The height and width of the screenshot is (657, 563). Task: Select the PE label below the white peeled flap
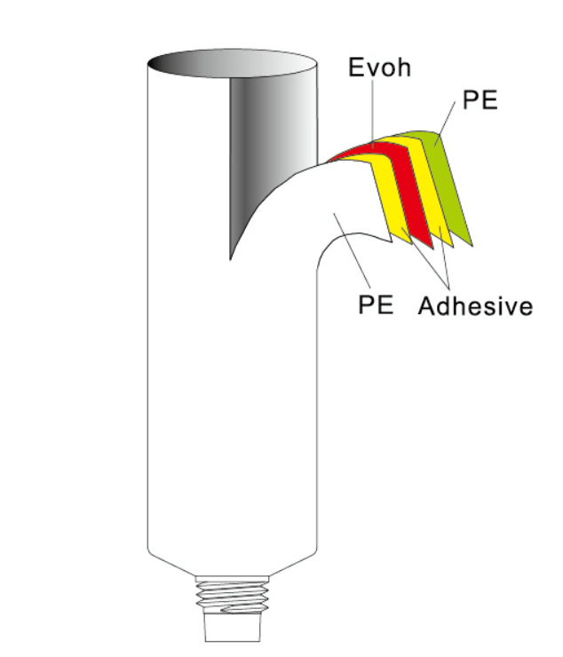376,305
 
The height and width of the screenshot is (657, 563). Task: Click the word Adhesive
476,307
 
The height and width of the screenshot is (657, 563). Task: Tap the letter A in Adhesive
427,307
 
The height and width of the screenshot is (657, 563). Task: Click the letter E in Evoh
353,67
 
